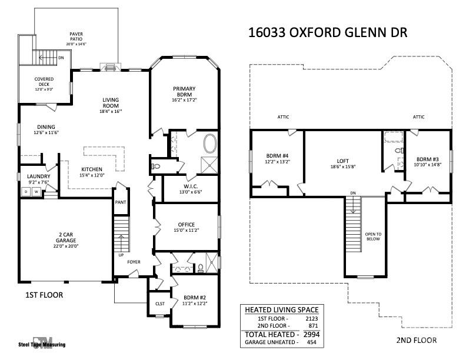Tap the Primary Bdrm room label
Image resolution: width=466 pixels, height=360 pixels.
(x=184, y=94)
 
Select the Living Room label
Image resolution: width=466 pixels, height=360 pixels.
(x=111, y=105)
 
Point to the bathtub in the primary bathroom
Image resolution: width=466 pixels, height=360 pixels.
(x=209, y=144)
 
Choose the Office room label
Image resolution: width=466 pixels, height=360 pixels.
(x=186, y=227)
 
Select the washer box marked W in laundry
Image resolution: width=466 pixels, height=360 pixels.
(x=36, y=192)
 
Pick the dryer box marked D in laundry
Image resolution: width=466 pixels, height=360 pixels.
(x=25, y=192)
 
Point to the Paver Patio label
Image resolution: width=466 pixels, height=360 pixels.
(x=76, y=39)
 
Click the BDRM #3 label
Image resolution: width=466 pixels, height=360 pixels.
(x=428, y=162)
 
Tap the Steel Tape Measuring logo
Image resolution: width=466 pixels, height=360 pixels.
(x=41, y=342)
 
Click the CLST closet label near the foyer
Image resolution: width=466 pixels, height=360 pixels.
(x=159, y=304)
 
